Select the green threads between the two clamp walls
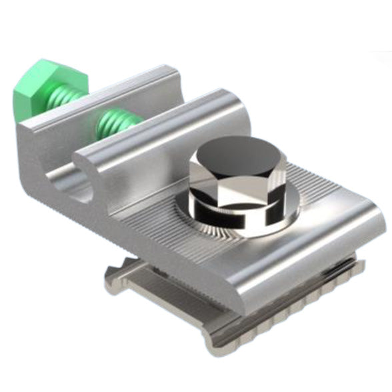coord(118,123)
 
